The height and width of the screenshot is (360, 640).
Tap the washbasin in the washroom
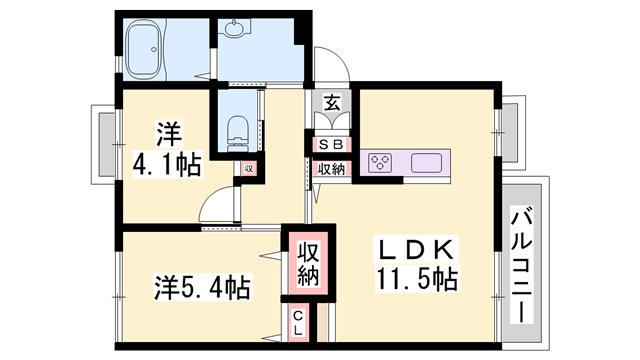click(x=237, y=30)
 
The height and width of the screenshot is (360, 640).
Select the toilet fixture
click(x=236, y=128)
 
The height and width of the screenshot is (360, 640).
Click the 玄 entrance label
click(x=330, y=103)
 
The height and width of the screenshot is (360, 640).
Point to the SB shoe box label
click(x=330, y=144)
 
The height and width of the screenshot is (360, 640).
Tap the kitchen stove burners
click(x=381, y=162)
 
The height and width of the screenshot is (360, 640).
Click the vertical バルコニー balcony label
click(x=522, y=262)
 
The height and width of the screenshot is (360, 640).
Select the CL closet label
click(x=299, y=322)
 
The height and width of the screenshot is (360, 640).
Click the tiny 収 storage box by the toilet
click(x=248, y=168)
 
